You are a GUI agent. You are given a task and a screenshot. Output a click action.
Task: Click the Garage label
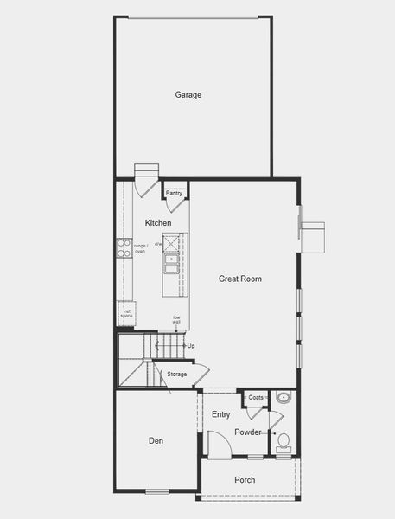(188, 94)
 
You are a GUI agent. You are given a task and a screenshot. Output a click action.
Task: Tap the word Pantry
(175, 193)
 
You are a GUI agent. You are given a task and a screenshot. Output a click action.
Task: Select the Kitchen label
(158, 223)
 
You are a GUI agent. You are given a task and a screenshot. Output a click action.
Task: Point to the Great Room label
(239, 279)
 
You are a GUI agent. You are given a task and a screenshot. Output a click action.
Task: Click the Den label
(156, 441)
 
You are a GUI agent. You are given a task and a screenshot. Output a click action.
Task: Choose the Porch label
(245, 479)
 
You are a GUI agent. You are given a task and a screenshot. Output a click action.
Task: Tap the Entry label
(220, 414)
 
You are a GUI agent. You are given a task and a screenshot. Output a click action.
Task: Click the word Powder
(248, 432)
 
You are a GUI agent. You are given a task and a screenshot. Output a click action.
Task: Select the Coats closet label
(255, 398)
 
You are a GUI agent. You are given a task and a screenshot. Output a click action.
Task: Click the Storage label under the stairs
(176, 374)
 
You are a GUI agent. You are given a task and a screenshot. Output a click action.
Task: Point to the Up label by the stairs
(191, 346)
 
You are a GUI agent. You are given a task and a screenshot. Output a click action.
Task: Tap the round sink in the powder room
(283, 400)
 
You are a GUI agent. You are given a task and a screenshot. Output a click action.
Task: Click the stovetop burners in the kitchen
(124, 248)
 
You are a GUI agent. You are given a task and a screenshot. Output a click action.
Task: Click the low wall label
(176, 319)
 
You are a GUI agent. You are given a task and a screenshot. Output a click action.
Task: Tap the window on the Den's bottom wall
(156, 491)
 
